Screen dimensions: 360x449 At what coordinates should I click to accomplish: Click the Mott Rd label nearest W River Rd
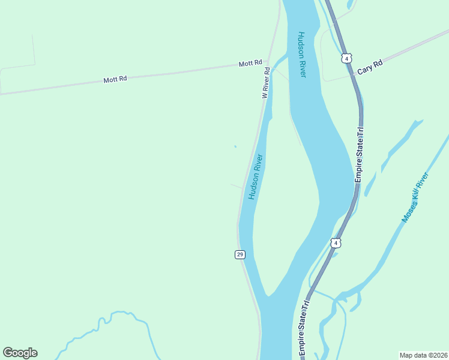250,63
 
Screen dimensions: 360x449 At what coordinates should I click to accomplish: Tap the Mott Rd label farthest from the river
115,79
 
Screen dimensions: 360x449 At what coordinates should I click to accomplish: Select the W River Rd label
265,83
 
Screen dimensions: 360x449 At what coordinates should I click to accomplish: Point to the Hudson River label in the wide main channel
301,54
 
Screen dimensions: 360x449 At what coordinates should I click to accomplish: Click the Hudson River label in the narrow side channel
256,177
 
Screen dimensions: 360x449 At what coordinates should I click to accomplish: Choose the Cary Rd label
370,67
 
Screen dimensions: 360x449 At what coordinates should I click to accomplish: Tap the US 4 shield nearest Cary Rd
346,58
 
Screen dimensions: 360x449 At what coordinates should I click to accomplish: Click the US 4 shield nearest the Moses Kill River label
336,243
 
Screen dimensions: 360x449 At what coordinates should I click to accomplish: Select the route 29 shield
240,254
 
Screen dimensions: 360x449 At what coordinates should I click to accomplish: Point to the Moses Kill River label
415,198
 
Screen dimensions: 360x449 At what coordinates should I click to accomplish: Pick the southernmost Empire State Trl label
304,329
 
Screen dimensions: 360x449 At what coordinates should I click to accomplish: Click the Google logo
20,353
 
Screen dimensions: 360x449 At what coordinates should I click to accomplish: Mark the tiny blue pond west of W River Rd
235,146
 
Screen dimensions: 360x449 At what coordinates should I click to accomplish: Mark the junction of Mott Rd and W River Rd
268,61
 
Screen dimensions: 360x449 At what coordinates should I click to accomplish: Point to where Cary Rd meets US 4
354,73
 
